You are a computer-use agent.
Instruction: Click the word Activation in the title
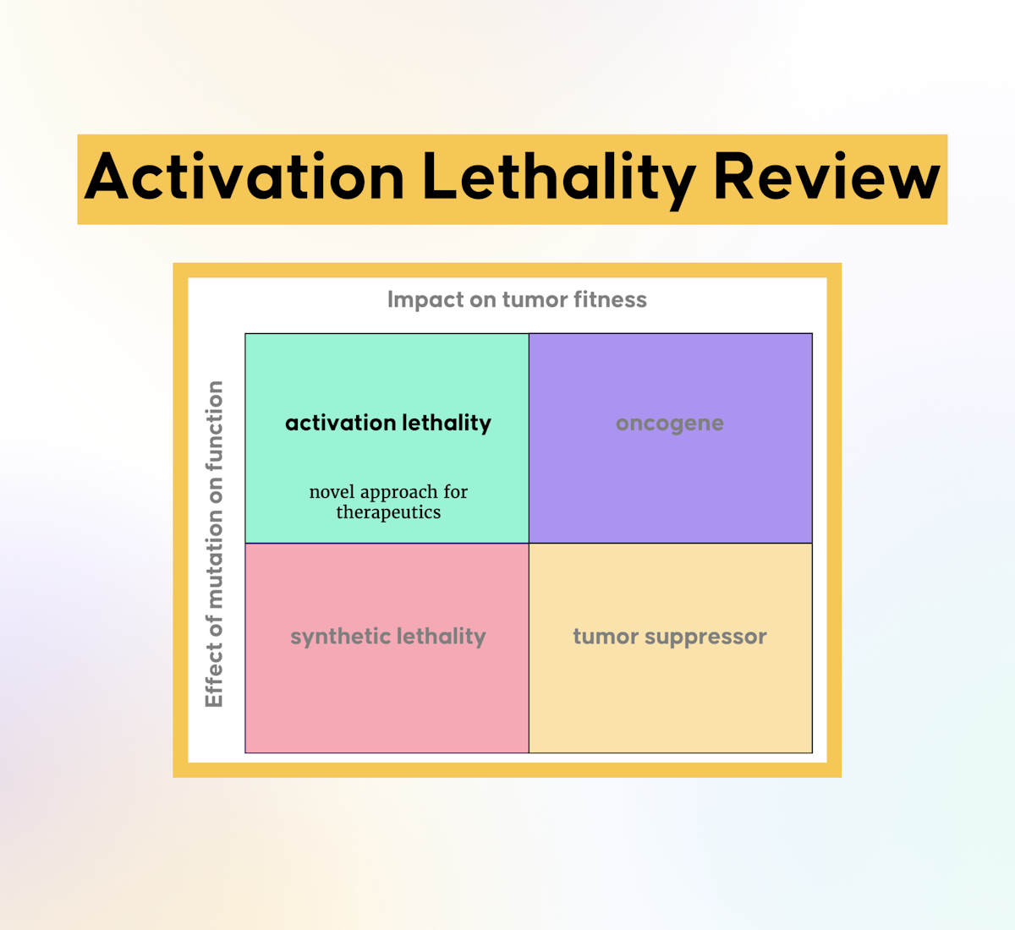click(245, 178)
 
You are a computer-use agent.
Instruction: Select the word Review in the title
click(826, 178)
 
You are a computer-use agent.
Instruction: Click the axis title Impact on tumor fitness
click(517, 299)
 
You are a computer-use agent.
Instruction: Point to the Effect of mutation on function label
click(215, 544)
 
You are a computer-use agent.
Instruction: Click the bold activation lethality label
click(388, 423)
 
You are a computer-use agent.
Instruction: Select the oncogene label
click(670, 424)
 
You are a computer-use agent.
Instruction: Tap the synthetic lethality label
click(388, 637)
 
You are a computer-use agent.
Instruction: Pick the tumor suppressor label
click(670, 637)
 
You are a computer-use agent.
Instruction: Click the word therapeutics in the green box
click(388, 512)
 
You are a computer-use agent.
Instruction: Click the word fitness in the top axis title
click(610, 299)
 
